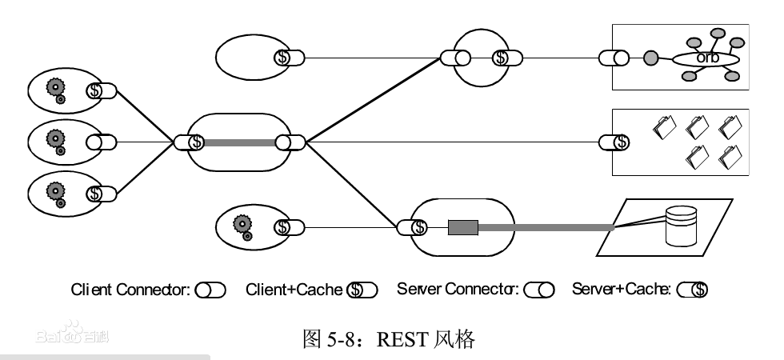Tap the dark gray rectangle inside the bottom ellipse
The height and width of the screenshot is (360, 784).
click(x=462, y=228)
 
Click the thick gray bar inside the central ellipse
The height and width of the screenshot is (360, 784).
click(x=239, y=142)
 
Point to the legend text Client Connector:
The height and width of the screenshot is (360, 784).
click(x=130, y=290)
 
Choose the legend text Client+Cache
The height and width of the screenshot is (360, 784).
click(x=294, y=290)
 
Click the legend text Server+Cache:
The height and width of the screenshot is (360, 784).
click(x=622, y=290)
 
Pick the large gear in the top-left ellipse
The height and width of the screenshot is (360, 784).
click(x=54, y=87)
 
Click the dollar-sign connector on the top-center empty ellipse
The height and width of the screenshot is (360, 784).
click(x=288, y=58)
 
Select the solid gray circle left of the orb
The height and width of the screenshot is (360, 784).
click(x=651, y=58)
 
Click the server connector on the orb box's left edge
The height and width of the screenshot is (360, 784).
click(x=613, y=58)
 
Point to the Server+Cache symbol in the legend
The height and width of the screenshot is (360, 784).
click(x=693, y=290)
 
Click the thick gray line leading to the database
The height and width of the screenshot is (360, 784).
click(x=544, y=228)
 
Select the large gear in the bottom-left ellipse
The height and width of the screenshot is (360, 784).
click(x=54, y=191)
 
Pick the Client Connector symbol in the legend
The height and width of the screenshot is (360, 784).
click(x=210, y=290)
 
